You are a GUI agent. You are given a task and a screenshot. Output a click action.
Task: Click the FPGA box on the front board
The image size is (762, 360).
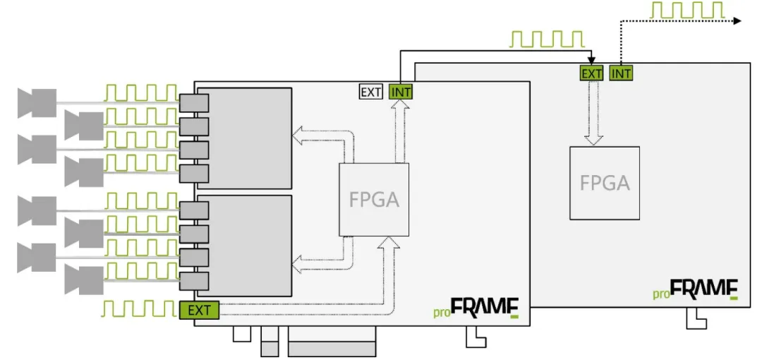coord(374,200)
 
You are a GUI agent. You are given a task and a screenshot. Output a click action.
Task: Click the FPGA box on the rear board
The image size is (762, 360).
coord(605,183)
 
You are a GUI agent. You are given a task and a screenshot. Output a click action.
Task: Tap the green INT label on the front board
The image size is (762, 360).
coord(400,92)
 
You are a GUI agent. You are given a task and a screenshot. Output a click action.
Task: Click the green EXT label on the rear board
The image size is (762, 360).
coord(591,73)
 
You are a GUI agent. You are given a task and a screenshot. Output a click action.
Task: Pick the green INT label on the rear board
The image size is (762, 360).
coord(621,73)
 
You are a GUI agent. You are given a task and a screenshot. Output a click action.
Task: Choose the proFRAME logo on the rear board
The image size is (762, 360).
coord(695,290)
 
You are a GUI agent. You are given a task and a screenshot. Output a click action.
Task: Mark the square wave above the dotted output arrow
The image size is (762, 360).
coord(686,11)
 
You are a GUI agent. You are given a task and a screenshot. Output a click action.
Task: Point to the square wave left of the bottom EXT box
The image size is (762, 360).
coord(138,308)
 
